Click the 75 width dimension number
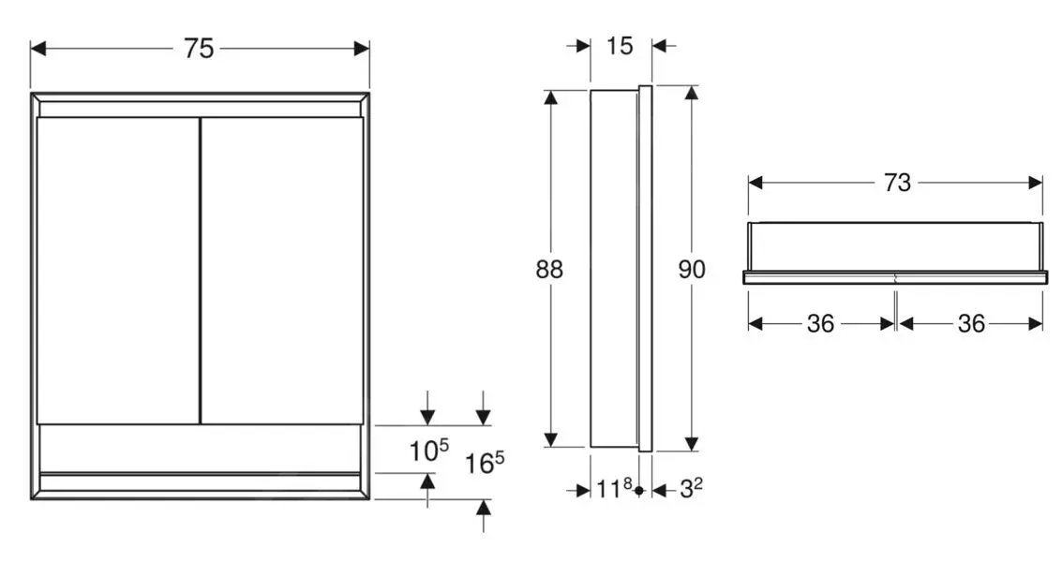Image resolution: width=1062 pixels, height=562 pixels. (198, 49)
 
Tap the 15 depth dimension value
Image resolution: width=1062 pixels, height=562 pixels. (620, 45)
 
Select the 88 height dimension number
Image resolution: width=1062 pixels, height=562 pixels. (549, 270)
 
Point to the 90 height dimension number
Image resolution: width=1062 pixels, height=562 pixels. (691, 270)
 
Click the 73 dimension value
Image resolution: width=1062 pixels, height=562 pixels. (896, 183)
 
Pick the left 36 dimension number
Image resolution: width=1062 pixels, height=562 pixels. (820, 324)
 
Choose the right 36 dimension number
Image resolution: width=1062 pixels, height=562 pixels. (971, 324)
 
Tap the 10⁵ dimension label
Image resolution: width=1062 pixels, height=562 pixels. (428, 451)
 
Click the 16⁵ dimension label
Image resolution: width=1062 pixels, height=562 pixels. (485, 462)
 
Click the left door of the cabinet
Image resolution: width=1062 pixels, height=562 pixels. (117, 270)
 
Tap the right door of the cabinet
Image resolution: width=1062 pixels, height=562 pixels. (281, 270)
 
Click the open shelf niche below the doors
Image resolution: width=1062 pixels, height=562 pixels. (199, 448)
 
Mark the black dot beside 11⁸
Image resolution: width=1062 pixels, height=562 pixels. (638, 490)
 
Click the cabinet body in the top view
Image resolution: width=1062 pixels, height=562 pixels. (895, 246)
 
